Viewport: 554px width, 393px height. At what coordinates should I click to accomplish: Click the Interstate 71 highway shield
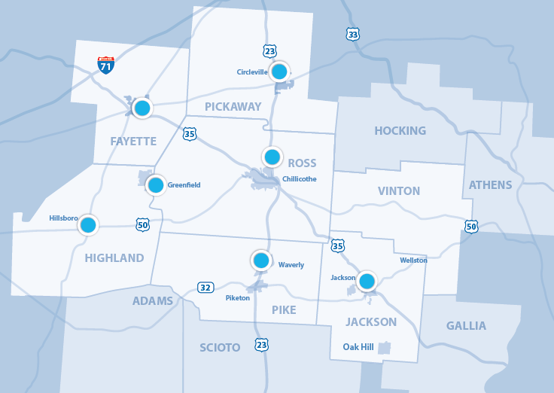click(106, 65)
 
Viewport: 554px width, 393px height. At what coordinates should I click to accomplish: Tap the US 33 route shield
click(353, 34)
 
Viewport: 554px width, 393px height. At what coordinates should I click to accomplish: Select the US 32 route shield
click(205, 287)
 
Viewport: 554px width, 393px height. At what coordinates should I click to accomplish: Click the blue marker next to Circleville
click(279, 72)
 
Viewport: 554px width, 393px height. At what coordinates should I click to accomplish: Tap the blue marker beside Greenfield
click(156, 184)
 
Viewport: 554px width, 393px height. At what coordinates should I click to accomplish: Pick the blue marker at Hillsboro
click(88, 224)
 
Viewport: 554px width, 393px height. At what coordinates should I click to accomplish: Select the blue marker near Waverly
click(261, 260)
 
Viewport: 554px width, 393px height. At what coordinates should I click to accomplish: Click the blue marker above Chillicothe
click(272, 157)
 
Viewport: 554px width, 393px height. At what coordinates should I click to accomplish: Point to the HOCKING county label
click(400, 131)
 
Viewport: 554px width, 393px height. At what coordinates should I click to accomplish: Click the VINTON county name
click(399, 191)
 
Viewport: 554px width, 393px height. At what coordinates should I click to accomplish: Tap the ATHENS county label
click(490, 185)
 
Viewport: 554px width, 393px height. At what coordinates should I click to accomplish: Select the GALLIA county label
click(466, 326)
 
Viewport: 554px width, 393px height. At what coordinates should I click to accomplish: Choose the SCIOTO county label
click(220, 348)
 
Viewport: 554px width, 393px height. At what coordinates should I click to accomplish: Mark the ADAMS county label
click(153, 301)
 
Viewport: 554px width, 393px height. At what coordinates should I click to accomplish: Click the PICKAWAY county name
click(233, 107)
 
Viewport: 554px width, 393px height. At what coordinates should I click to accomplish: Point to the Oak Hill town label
click(358, 347)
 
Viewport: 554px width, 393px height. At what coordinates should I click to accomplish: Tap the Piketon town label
click(237, 298)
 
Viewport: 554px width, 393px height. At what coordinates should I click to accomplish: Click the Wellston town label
click(413, 260)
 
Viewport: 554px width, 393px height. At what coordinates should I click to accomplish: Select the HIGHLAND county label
click(114, 258)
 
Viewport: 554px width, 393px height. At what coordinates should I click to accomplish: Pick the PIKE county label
click(283, 310)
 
